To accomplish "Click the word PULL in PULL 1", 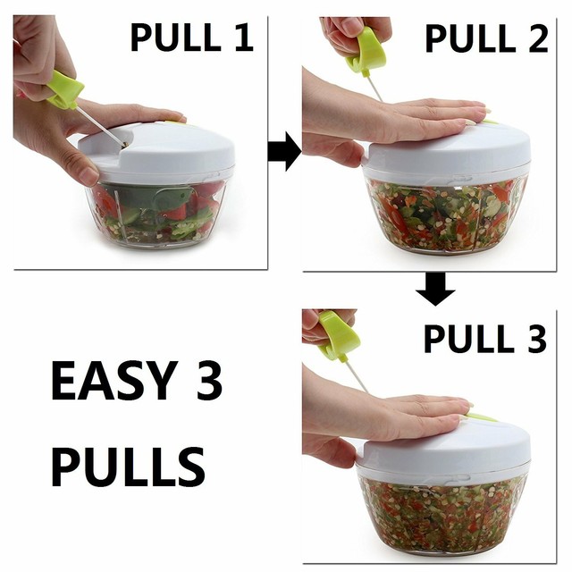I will tap(175, 38).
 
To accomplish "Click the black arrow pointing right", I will tap(284, 151).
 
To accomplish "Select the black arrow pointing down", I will tap(438, 290).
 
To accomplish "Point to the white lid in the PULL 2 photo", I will tap(447, 152).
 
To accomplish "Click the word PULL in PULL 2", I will tap(463, 38).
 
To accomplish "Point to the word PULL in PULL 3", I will tap(463, 340).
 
